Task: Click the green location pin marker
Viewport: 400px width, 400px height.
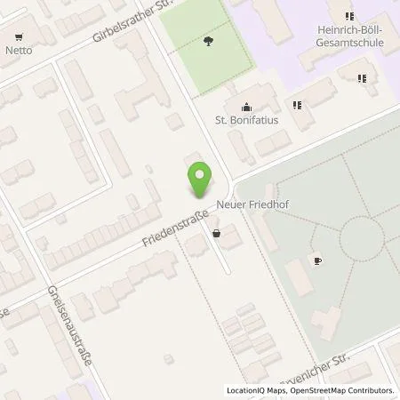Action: tap(200, 180)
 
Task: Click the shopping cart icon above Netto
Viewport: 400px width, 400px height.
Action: tap(18, 36)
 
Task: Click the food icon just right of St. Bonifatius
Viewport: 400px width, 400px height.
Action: tap(298, 105)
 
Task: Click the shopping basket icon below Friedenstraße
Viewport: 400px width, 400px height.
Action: tap(216, 233)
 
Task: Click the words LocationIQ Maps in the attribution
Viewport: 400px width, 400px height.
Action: tap(254, 390)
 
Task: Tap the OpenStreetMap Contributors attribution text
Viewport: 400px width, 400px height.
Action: tap(341, 390)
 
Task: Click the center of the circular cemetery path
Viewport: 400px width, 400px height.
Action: tap(361, 236)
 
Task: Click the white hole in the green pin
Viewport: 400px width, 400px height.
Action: tap(200, 174)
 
